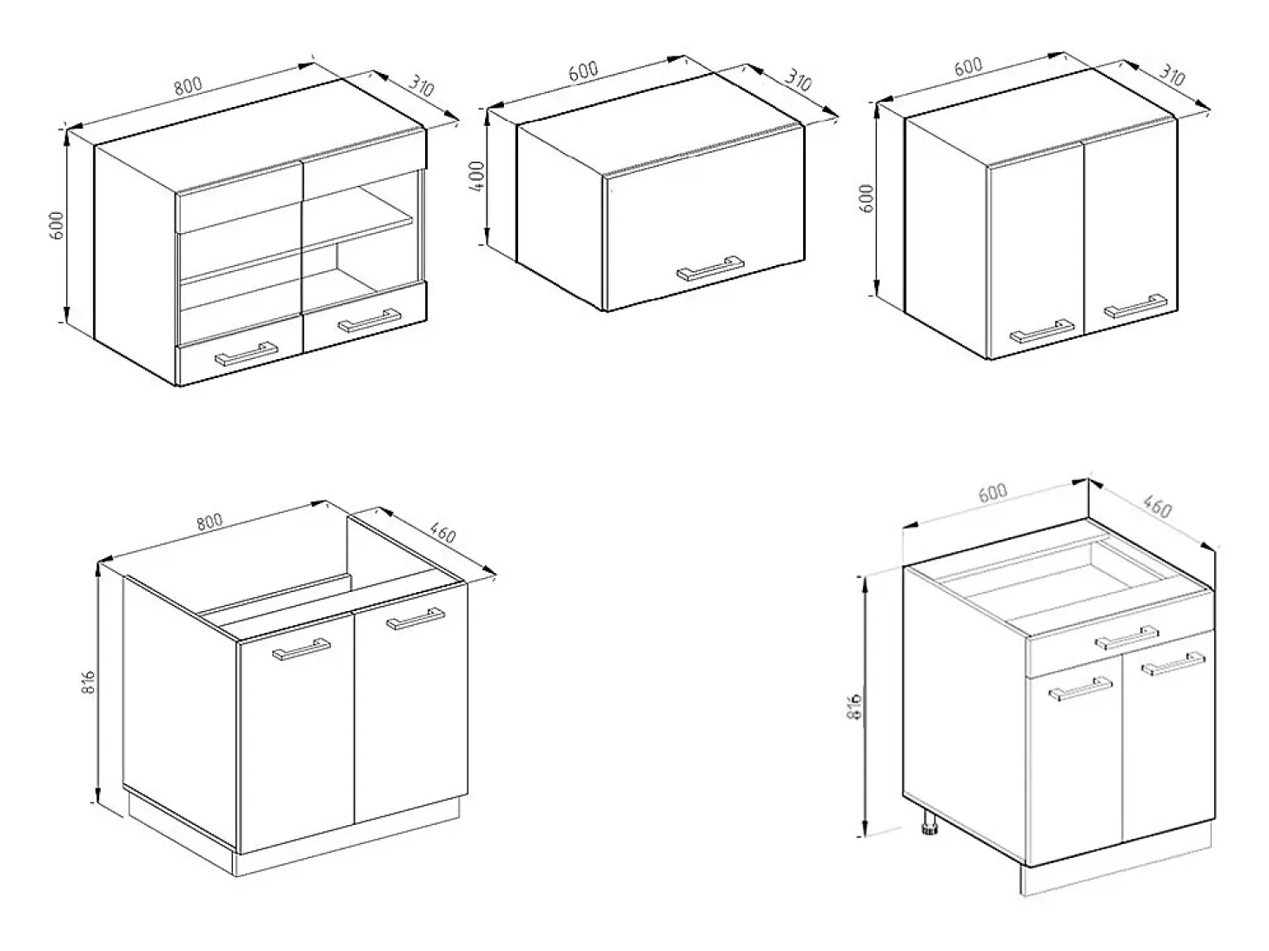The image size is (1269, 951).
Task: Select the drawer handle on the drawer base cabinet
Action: (1126, 638)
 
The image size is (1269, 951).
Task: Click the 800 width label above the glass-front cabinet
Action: (189, 85)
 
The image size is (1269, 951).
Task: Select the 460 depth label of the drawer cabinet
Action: (1158, 507)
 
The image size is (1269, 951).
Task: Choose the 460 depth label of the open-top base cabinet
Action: (443, 533)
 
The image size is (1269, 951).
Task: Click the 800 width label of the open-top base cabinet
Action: (209, 522)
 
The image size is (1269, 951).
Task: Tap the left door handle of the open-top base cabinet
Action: (302, 649)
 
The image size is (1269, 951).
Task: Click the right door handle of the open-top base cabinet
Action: (415, 619)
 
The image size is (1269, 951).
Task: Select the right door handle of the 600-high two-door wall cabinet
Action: (1135, 306)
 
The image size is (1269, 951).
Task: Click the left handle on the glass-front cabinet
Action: (246, 354)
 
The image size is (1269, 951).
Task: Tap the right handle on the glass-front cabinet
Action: (369, 321)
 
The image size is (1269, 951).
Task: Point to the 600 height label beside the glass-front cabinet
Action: (56, 226)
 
